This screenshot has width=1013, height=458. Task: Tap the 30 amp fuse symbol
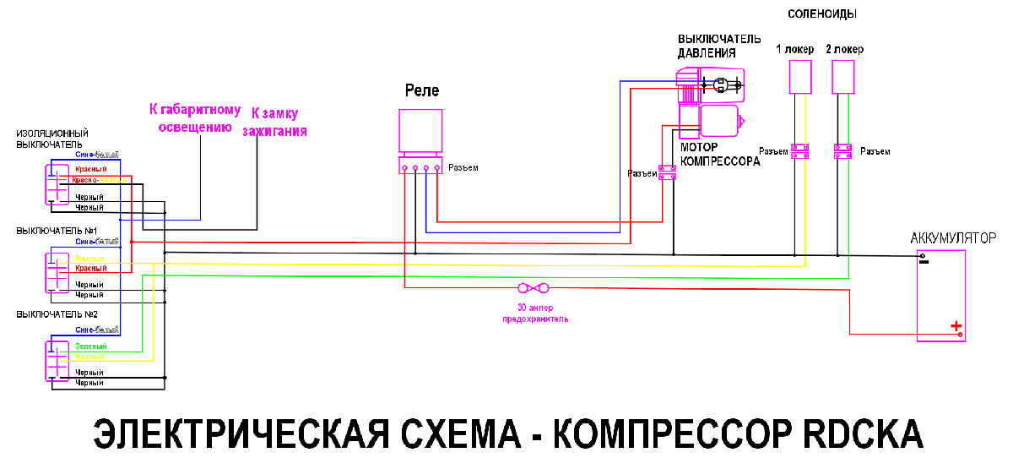tap(534, 288)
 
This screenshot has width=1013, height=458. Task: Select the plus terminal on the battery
tap(956, 326)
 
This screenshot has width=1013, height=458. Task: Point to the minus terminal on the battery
tap(924, 260)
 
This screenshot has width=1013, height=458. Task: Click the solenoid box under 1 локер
tap(799, 79)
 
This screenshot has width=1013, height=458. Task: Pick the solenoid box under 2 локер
tap(843, 79)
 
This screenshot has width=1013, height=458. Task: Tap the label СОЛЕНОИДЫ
tap(822, 14)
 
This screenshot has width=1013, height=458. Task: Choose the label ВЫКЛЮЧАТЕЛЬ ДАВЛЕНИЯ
tap(719, 46)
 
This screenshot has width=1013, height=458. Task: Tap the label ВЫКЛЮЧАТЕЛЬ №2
tap(57, 314)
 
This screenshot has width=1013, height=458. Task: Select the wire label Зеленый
tap(90, 347)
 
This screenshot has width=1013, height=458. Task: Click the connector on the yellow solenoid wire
tap(799, 151)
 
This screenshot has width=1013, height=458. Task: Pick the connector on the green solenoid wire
tap(843, 151)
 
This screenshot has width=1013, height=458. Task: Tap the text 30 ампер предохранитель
tap(535, 314)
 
